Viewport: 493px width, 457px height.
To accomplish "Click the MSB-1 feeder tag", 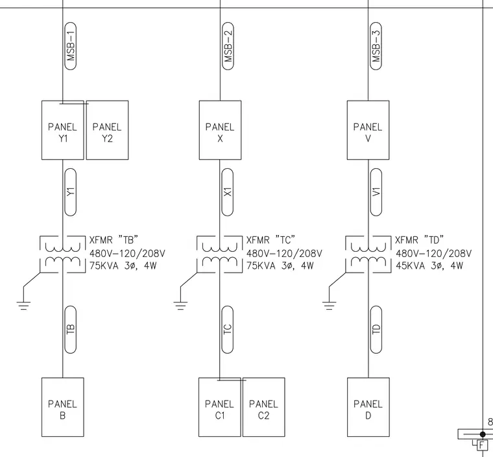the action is click(71, 46).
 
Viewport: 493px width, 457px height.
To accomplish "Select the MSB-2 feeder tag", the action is click(228, 46).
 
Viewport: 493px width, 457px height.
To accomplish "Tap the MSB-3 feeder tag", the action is click(376, 46).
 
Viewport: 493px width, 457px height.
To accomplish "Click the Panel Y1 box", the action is click(62, 130).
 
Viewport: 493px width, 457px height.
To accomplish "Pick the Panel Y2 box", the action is click(107, 130).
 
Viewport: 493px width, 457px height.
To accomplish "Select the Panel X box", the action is click(220, 130).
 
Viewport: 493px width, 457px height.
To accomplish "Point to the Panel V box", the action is click(368, 130).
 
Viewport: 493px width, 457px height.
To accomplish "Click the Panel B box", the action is click(62, 407).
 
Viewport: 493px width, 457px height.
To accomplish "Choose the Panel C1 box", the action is click(220, 407).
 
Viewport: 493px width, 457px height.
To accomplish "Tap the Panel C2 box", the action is click(264, 407).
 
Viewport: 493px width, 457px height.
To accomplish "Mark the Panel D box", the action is click(368, 407).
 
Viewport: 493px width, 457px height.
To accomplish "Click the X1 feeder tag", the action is click(228, 192).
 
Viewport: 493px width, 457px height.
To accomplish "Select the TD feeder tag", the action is click(376, 330).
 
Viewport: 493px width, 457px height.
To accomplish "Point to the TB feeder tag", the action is click(71, 330).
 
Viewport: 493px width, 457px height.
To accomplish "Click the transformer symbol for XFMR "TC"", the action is click(220, 254).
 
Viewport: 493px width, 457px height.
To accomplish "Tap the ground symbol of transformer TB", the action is click(23, 306).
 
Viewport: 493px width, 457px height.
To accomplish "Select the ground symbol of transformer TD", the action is click(329, 306).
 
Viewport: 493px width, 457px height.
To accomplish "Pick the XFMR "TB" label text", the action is click(114, 240).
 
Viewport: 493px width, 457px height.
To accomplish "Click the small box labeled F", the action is click(482, 445).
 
